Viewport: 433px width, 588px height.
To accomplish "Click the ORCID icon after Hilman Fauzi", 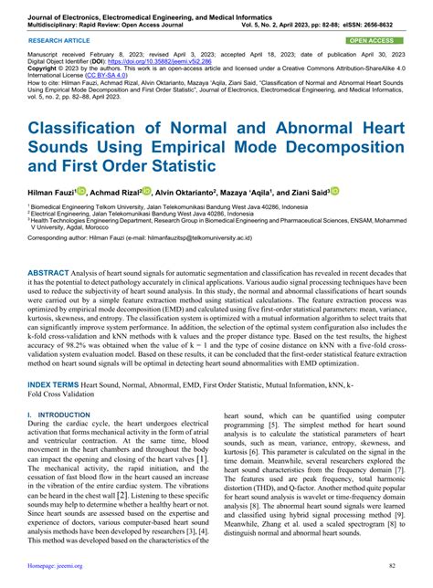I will [80, 192].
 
